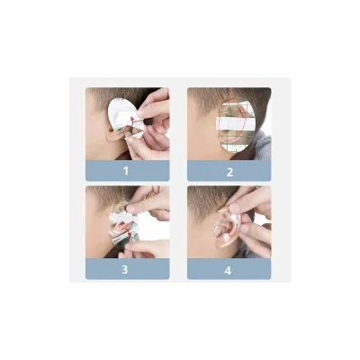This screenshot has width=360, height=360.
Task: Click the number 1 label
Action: click(126, 171)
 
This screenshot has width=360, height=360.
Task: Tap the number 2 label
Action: click(229, 172)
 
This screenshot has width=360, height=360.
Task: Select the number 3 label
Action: click(125, 269)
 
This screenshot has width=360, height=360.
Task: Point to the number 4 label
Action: click(228, 271)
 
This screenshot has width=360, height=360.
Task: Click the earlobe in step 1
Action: click(114, 136)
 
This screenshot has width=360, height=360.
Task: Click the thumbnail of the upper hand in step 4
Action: click(233, 208)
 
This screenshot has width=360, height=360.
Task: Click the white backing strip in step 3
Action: click(123, 219)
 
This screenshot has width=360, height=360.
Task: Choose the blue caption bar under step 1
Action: click(128, 171)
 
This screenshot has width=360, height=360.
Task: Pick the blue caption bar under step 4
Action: click(229, 269)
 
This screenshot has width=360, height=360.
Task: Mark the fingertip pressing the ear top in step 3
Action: click(130, 208)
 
